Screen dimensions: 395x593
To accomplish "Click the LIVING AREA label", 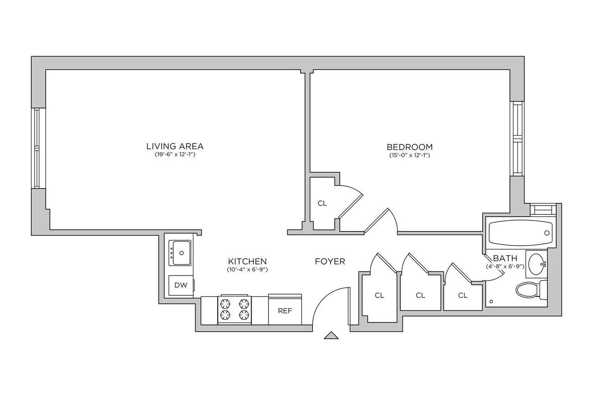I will [175, 146].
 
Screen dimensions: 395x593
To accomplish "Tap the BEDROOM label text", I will [410, 147].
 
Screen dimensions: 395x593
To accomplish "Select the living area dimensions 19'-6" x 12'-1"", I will [175, 155].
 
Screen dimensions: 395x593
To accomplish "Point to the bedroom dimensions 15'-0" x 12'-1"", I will [410, 155].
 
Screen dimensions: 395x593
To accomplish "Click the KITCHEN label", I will [247, 261].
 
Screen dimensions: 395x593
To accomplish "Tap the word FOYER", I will [330, 262].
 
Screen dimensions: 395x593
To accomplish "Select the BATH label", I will [502, 258].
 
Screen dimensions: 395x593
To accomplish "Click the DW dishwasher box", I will [181, 285].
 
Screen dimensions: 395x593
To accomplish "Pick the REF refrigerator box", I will [285, 310].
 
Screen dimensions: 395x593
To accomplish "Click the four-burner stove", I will [234, 309].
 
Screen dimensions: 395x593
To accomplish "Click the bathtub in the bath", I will [519, 233].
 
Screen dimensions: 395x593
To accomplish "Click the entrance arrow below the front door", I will [331, 336].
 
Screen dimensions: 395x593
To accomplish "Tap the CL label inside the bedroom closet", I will [322, 203].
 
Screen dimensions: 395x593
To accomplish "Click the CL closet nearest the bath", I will [462, 295].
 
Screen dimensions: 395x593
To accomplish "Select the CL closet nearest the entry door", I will [379, 295].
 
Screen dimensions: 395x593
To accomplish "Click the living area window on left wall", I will [38, 148].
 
